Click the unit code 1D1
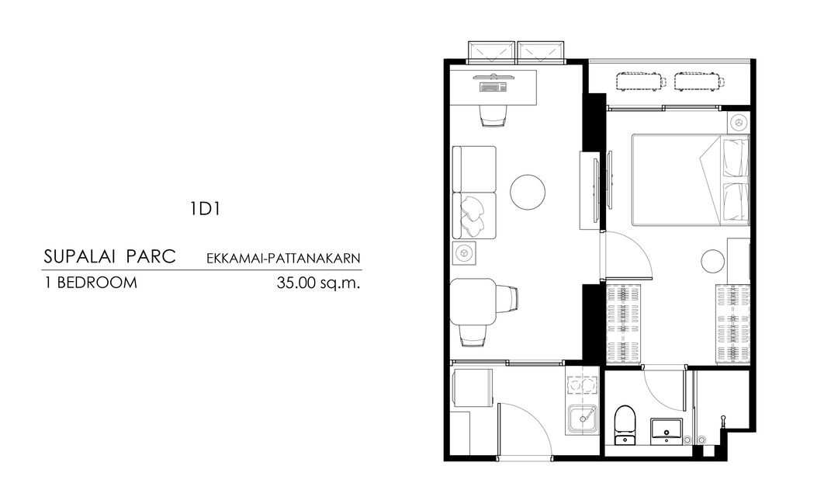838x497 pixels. point(205,209)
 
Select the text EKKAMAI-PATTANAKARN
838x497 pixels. point(283,259)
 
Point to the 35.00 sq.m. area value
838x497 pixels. point(319,283)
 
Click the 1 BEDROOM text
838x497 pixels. point(90,283)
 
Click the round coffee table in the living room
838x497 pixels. point(528,192)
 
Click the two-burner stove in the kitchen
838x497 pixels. point(583,384)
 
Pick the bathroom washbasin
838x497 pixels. point(666,431)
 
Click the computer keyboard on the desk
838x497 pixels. point(493,87)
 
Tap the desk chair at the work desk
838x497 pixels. point(493,115)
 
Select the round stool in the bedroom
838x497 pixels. point(713,262)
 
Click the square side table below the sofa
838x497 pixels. point(464,252)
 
